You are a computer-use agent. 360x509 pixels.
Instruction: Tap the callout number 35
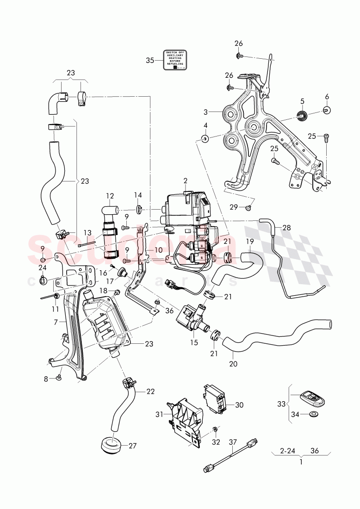tap(149, 60)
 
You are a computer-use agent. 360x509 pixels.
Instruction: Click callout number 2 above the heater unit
tap(185, 180)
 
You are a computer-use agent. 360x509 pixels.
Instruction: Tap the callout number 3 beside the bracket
tap(206, 112)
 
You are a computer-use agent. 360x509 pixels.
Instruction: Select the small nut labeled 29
tap(248, 208)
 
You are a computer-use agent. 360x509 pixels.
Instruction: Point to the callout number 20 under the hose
tap(233, 364)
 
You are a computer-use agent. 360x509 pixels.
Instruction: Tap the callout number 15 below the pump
tap(194, 343)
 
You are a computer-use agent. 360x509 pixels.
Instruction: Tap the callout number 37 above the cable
tap(232, 442)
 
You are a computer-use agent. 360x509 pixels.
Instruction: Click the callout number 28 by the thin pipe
tap(286, 228)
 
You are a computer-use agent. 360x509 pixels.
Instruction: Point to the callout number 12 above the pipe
tap(110, 195)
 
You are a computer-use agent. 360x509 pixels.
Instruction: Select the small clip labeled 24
tap(43, 279)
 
